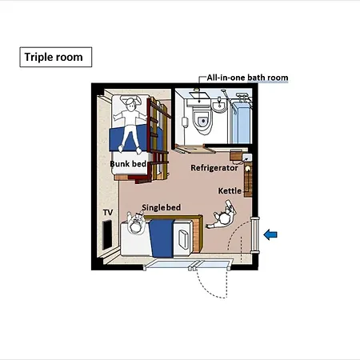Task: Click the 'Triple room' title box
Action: point(56,57)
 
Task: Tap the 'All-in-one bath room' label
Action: point(247,78)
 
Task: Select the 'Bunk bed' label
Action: point(128,164)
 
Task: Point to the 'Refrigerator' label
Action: point(214,168)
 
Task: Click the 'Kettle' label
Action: point(230,191)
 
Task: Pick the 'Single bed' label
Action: point(162,207)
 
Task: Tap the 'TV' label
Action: point(108,213)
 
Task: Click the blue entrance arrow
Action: point(270,234)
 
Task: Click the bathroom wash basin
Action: point(219,106)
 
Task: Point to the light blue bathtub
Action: point(241,122)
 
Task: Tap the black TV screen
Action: point(108,234)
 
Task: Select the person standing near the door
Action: point(222,215)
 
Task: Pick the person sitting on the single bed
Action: point(136,223)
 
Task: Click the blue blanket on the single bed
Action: point(162,238)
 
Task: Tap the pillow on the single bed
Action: point(183,239)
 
